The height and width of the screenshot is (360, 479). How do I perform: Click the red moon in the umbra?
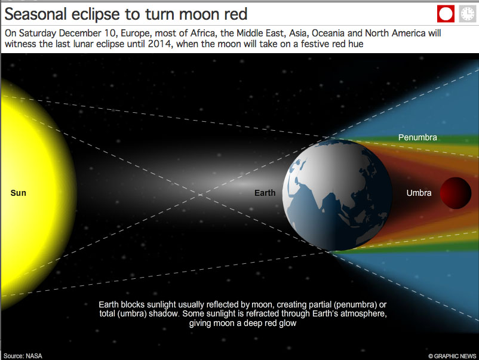[x=456, y=193]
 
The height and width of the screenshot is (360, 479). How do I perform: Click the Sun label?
[x=19, y=193]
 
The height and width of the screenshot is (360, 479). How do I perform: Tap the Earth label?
[x=265, y=193]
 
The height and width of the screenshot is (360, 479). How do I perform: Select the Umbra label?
[x=419, y=193]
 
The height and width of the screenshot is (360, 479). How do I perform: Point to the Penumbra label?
[x=417, y=137]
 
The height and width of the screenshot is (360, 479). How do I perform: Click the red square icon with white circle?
[x=446, y=14]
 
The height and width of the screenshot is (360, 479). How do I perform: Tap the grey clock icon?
[x=468, y=14]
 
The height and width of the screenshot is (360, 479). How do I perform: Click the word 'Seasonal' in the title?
[x=36, y=14]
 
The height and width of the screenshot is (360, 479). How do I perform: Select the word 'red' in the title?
[x=235, y=15]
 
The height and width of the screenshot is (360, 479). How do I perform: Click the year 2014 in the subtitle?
[x=159, y=44]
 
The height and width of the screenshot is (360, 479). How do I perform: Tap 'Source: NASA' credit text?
[x=23, y=356]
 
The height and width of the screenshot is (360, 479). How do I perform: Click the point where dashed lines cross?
[x=200, y=195]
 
